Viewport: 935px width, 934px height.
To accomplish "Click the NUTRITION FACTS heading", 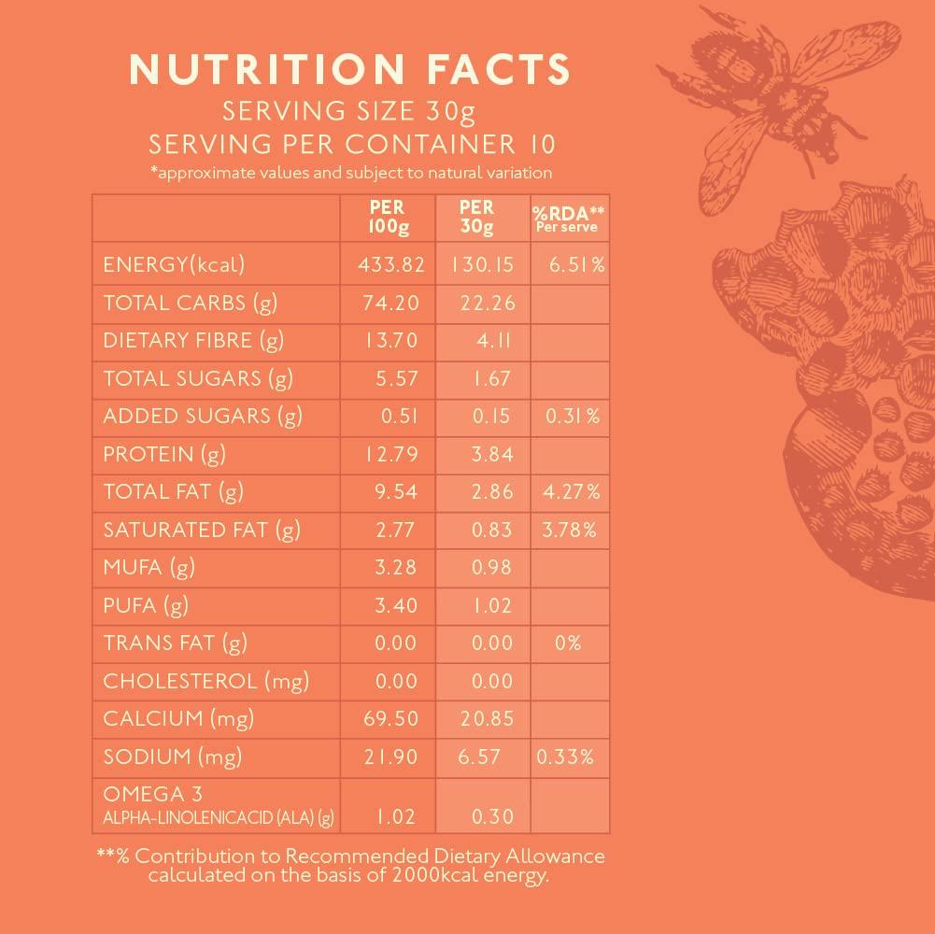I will [348, 70].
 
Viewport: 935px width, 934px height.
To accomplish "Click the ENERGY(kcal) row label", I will [174, 265].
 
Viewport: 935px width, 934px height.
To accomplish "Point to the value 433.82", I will [391, 265].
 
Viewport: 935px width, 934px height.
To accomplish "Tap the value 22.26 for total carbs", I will [487, 303].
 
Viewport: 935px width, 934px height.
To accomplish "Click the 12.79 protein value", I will [391, 454].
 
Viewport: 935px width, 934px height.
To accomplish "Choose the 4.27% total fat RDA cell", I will [570, 491].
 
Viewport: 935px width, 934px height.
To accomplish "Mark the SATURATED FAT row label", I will [201, 530].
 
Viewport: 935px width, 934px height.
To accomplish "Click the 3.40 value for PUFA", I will [395, 605].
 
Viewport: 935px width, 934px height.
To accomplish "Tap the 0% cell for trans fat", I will [567, 643].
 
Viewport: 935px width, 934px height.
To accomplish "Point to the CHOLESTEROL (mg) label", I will [205, 681].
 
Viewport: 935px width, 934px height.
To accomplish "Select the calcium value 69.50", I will [391, 718].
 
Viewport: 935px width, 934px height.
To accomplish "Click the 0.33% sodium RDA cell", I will [564, 757].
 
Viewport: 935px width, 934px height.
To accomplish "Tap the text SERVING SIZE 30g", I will [348, 113].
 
